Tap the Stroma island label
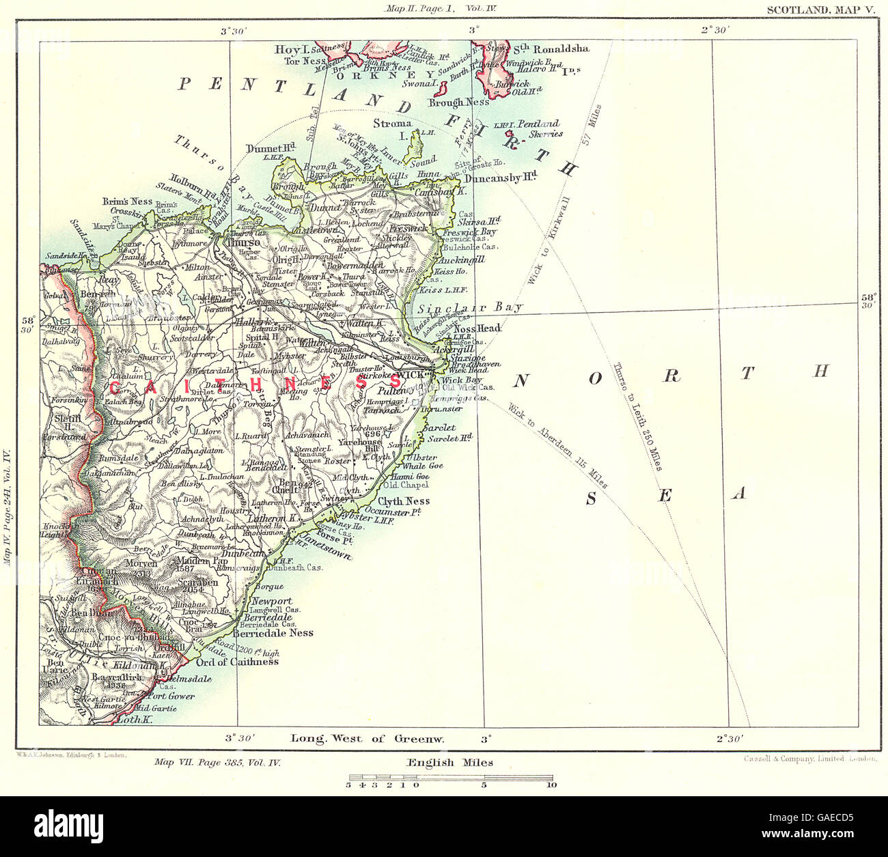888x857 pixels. coord(392,124)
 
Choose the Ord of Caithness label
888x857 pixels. coord(236,661)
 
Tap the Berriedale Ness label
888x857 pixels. coord(273,633)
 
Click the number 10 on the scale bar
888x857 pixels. coord(551,785)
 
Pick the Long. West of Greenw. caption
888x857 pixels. coord(367,738)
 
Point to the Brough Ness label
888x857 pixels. coord(458,102)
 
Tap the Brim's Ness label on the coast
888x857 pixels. coord(120,201)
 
